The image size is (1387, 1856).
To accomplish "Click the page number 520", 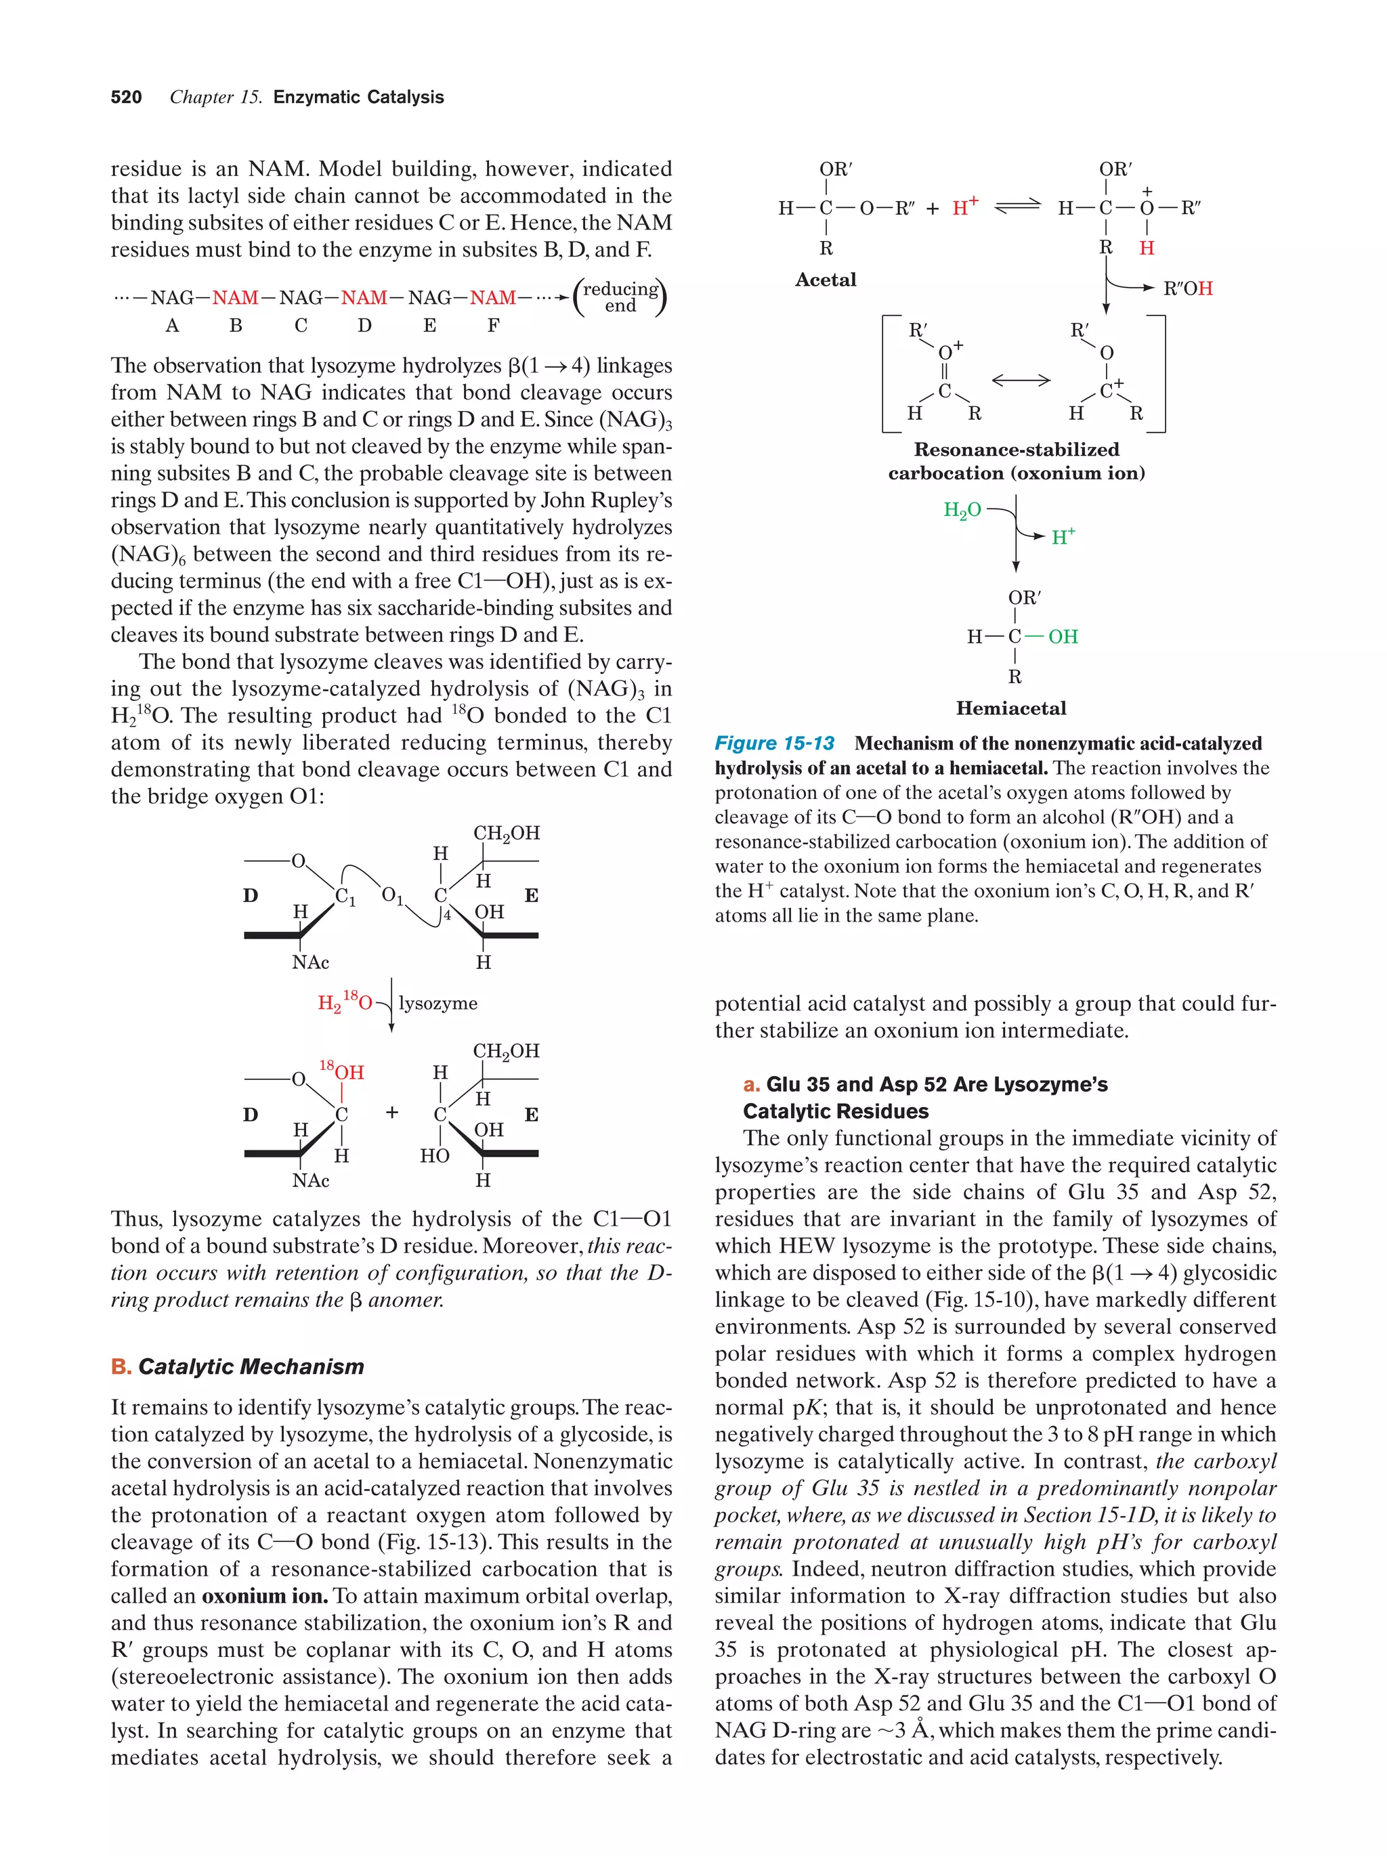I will pos(126,98).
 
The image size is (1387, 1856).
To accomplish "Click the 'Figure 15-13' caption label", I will pos(773,743).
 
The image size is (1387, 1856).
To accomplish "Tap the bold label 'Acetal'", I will pos(826,280).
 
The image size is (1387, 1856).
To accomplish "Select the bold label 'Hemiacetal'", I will pos(1010,708).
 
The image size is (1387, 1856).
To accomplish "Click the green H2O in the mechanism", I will pos(962,510).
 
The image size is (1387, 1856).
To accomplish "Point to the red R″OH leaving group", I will pos(1187,288).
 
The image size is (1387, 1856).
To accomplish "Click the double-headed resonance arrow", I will pos(1021,380).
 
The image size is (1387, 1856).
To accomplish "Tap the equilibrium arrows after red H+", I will pos(1017,207).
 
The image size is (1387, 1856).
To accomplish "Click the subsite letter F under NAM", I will pos(494,326).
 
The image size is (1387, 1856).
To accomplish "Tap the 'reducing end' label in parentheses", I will pos(620,297).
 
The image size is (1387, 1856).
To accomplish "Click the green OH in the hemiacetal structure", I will pos(1063,637).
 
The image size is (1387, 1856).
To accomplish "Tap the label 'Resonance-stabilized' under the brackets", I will pos(1016,450).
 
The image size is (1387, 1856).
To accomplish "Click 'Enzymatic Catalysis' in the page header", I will pos(358,98).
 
